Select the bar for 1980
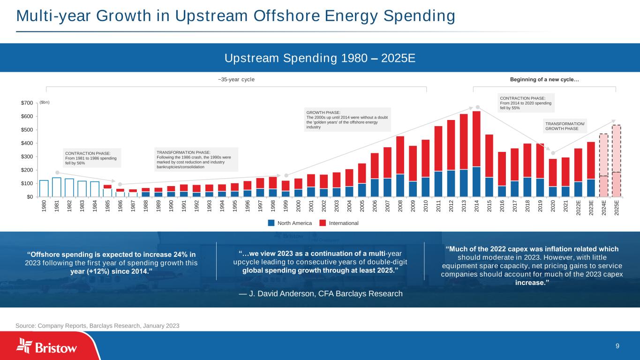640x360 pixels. (x=44, y=188)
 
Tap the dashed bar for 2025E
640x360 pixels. (x=616, y=161)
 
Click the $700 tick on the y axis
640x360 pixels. (x=26, y=103)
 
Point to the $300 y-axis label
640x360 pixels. (x=26, y=157)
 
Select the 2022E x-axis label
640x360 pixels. (x=578, y=207)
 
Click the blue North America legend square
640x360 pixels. (x=271, y=223)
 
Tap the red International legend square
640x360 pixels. (x=323, y=223)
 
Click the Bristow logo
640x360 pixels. (x=47, y=346)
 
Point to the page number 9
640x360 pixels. (x=617, y=346)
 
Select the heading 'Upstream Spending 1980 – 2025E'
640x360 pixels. (x=320, y=59)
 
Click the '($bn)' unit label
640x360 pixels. (x=45, y=102)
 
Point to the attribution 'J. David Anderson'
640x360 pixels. (x=320, y=294)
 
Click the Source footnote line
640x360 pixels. (x=98, y=325)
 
